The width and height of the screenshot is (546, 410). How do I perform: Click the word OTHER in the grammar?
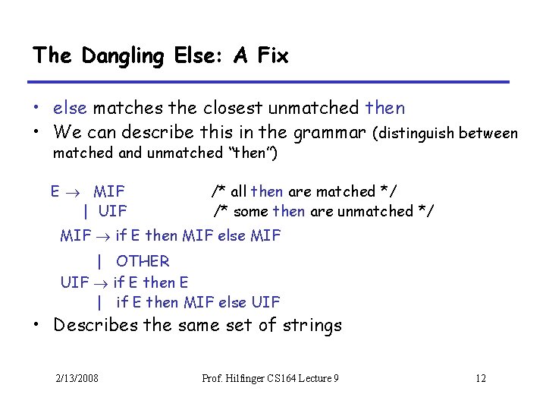143,261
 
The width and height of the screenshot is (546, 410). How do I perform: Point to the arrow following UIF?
101,282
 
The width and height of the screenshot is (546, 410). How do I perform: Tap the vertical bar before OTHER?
99,261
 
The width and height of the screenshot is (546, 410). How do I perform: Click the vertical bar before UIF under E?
86,211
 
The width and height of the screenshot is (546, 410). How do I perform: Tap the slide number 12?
480,379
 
